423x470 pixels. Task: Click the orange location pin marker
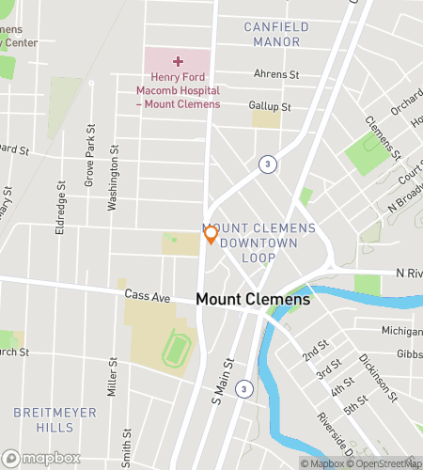click(x=211, y=235)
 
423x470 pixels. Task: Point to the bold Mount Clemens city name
click(x=253, y=300)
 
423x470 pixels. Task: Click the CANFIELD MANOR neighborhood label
click(x=276, y=34)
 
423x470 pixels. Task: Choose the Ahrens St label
click(x=275, y=73)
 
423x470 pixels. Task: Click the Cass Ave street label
click(x=149, y=297)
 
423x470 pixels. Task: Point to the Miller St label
click(x=112, y=376)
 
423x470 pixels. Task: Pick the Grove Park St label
click(x=90, y=154)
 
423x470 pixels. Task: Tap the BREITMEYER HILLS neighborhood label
click(x=43, y=420)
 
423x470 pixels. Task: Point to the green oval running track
click(x=174, y=352)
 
